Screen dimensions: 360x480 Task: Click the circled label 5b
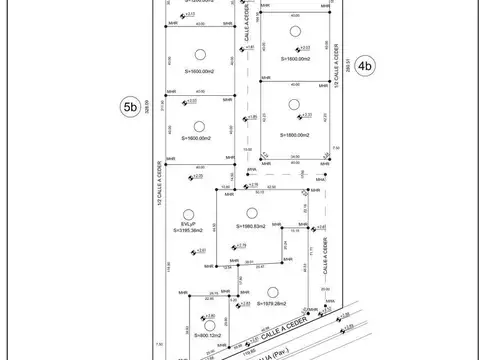[127, 108]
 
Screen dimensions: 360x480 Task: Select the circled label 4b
[366, 67]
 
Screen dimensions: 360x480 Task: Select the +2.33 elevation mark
[305, 47]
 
